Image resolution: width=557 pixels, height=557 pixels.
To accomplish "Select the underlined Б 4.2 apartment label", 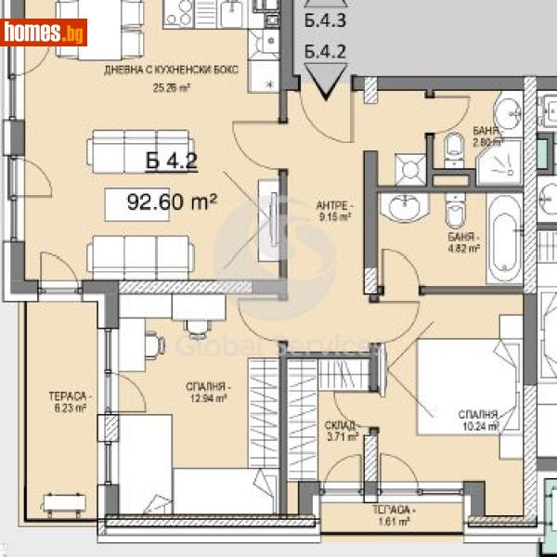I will pos(172,162).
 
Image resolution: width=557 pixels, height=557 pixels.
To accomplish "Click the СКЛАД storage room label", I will pos(342,430).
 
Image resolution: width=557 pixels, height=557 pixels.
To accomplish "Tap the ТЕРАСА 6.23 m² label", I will pos(68,401).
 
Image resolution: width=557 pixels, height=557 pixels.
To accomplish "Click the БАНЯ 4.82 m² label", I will pos(461,242).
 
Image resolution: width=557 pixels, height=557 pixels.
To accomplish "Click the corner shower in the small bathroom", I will pos(501,163).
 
